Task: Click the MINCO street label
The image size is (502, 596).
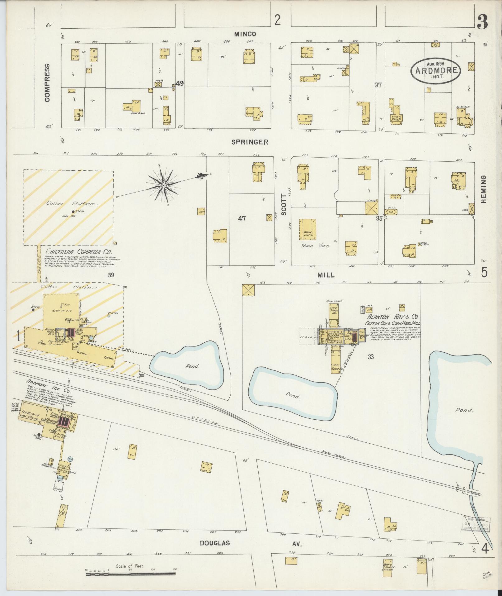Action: (245, 34)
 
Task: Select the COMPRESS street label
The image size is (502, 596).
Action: (47, 83)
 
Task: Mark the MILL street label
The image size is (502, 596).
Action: (326, 275)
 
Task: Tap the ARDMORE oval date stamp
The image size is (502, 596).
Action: (435, 70)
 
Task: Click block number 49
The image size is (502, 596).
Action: (180, 83)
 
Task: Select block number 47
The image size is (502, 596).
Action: (242, 218)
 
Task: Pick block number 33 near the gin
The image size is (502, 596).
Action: (370, 357)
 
